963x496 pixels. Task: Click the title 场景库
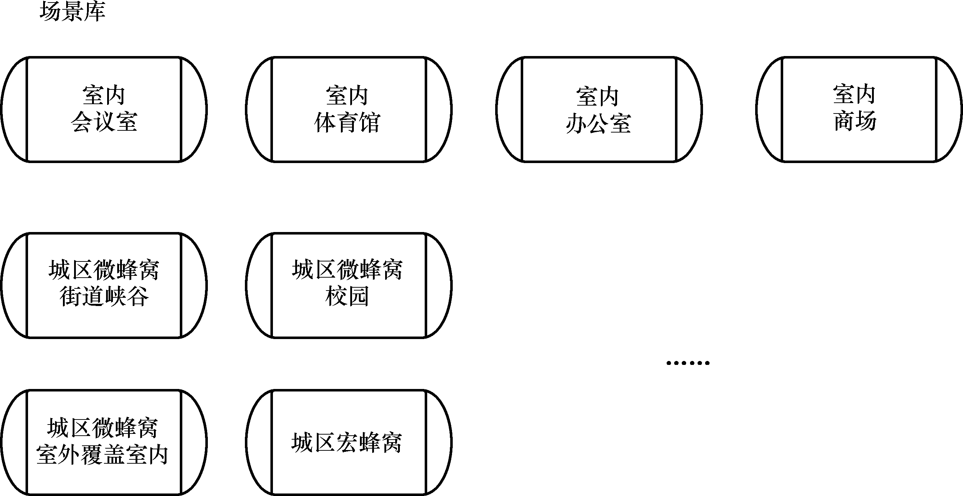72,11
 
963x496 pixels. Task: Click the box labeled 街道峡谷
104,321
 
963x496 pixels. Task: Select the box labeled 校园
348,321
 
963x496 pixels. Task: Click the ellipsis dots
688,363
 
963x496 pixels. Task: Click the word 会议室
104,122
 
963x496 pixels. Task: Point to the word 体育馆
347,122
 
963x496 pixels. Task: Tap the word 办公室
598,124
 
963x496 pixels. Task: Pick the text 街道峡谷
104,297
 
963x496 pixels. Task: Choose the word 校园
347,297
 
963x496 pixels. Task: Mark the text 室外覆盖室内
102,455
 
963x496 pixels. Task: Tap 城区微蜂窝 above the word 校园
347,269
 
